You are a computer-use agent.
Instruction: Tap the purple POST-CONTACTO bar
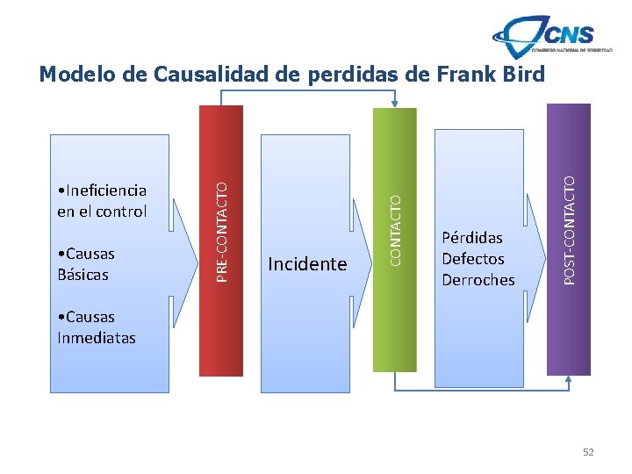pos(569,237)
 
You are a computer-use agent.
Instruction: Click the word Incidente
pos(307,264)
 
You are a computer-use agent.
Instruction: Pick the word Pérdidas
pos(472,238)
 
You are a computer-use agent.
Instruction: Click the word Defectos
pos(473,259)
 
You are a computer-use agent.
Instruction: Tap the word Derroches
pos(478,280)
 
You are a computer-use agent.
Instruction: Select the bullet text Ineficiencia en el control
pos(101,201)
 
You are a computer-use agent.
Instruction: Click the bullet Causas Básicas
pos(85,264)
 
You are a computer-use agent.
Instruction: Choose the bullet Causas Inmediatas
pos(96,327)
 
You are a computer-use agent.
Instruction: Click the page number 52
pos(588,451)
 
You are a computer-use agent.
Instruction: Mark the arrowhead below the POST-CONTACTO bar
pos(568,380)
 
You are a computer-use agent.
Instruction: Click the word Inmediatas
pos(97,337)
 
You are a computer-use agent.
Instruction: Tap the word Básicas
pos(83,275)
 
